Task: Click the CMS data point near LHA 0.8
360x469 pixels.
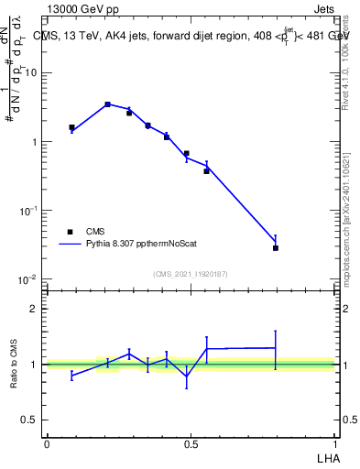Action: coord(276,247)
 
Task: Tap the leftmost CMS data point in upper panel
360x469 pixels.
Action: coord(71,127)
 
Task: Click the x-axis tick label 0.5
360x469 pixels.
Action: coord(191,443)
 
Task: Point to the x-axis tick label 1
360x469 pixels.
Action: coord(336,443)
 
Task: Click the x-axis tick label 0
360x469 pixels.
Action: coord(47,443)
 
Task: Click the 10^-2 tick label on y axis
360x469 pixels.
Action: coord(29,279)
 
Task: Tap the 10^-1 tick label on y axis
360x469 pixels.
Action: coord(29,211)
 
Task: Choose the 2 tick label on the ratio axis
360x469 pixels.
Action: coord(35,309)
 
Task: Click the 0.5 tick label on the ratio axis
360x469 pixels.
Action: coord(31,420)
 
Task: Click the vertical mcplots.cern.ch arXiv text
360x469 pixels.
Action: coord(345,206)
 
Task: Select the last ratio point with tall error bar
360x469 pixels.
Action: coord(276,347)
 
